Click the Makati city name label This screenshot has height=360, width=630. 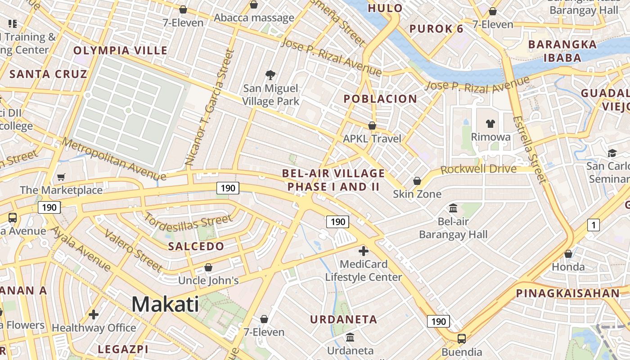coord(165,305)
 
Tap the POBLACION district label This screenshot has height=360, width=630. coord(380,99)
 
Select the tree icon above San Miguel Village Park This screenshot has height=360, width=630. coord(270,75)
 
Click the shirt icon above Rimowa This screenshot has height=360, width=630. coord(490,123)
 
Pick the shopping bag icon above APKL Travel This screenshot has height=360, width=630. coord(372,126)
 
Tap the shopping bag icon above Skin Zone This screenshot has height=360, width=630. coord(417,181)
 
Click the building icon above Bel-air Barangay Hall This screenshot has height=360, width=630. coord(453,208)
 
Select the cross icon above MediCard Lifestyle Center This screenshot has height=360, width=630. coord(364,251)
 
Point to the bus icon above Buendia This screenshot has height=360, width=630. coord(462,339)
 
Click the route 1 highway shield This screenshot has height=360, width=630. coord(594,225)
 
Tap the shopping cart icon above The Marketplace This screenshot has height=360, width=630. coord(61,177)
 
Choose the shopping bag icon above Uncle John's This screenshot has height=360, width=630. coord(208,268)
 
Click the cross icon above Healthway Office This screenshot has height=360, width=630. coord(94,315)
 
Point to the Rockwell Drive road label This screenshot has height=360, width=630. coord(478,169)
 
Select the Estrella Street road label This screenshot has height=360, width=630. coord(529,150)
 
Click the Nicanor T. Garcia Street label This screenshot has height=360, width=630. coord(210,108)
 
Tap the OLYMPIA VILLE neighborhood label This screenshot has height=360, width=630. coord(120,50)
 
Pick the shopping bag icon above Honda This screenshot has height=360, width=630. coord(568,254)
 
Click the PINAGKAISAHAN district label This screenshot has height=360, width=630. coord(568,293)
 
